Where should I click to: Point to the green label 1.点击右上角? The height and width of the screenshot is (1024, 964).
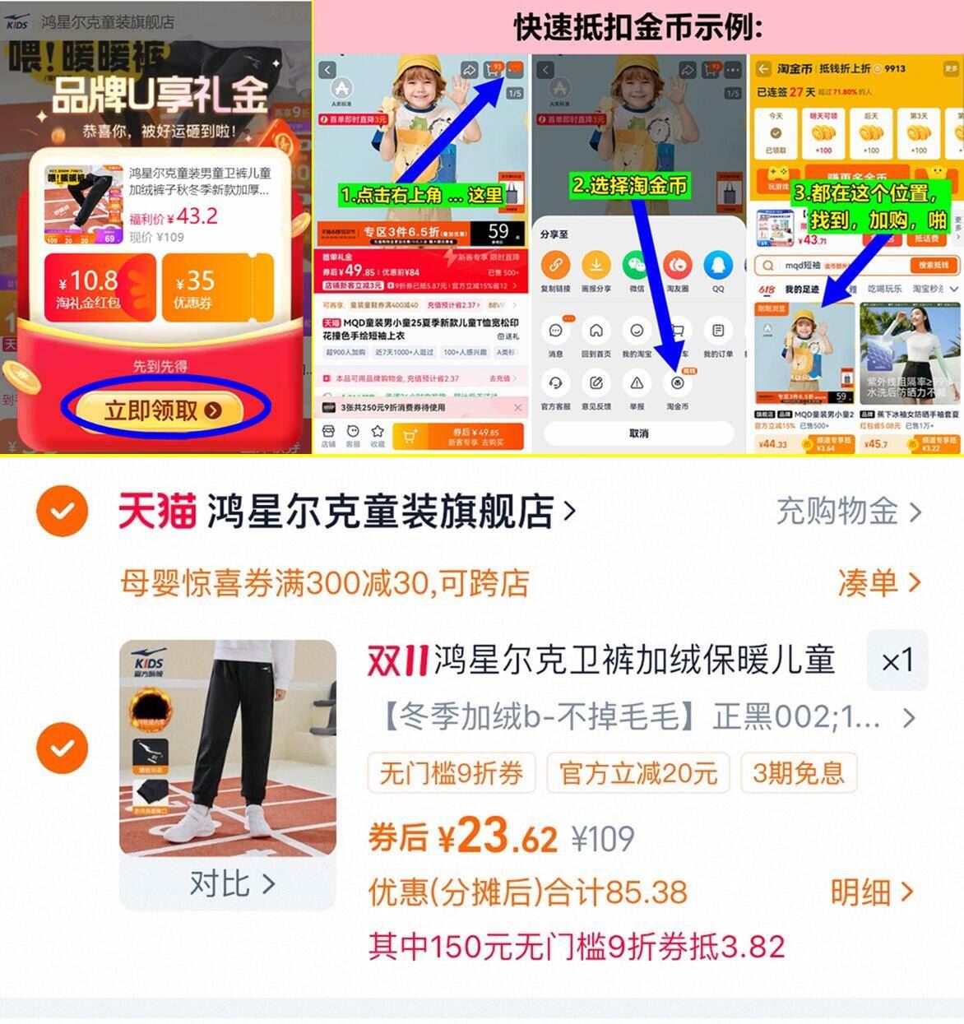pyautogui.click(x=420, y=195)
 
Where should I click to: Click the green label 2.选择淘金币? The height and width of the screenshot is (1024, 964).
pyautogui.click(x=629, y=185)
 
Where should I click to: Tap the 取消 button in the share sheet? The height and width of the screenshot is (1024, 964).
pyautogui.click(x=638, y=433)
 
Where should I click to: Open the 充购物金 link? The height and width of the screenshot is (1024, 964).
pyautogui.click(x=848, y=512)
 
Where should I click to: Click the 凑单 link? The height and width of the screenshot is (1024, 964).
pyautogui.click(x=878, y=583)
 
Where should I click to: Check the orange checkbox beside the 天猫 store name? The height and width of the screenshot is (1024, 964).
pyautogui.click(x=63, y=511)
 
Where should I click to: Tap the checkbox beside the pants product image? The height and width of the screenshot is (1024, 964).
pyautogui.click(x=63, y=748)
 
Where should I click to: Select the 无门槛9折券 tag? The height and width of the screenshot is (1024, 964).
pyautogui.click(x=451, y=773)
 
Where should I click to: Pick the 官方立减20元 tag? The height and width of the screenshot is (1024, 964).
pyautogui.click(x=637, y=773)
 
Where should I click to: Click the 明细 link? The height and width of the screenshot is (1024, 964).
pyautogui.click(x=871, y=892)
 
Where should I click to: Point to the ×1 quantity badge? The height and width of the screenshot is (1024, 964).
pyautogui.click(x=897, y=660)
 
